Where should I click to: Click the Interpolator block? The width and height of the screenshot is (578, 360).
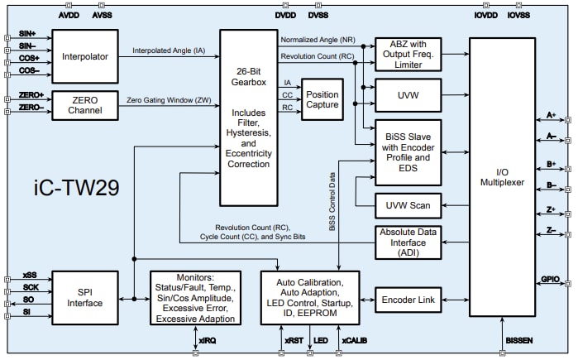pyautogui.click(x=85, y=56)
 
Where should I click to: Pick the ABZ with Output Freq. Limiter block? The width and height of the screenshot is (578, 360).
pyautogui.click(x=408, y=51)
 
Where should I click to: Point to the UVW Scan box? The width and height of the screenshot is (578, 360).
pyautogui.click(x=408, y=204)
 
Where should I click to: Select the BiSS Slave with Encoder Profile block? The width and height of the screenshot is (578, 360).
pyautogui.click(x=408, y=151)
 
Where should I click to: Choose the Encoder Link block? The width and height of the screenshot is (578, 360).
pyautogui.click(x=408, y=299)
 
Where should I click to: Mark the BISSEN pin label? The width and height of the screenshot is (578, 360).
pyautogui.click(x=515, y=339)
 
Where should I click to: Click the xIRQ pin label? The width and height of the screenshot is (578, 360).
pyautogui.click(x=207, y=339)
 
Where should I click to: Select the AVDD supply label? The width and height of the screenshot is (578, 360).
pyautogui.click(x=70, y=14)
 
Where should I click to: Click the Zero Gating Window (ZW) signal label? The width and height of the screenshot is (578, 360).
pyautogui.click(x=169, y=99)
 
